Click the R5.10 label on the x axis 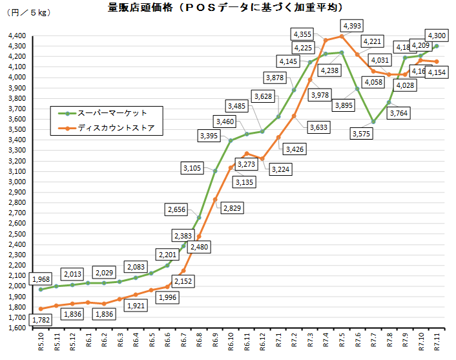(41, 343)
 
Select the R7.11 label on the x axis (437, 343)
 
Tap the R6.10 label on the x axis (231, 343)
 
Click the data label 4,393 (353, 26)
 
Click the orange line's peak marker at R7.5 (342, 36)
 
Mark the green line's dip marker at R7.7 (373, 122)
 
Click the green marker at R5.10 (41, 289)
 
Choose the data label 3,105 (193, 168)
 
